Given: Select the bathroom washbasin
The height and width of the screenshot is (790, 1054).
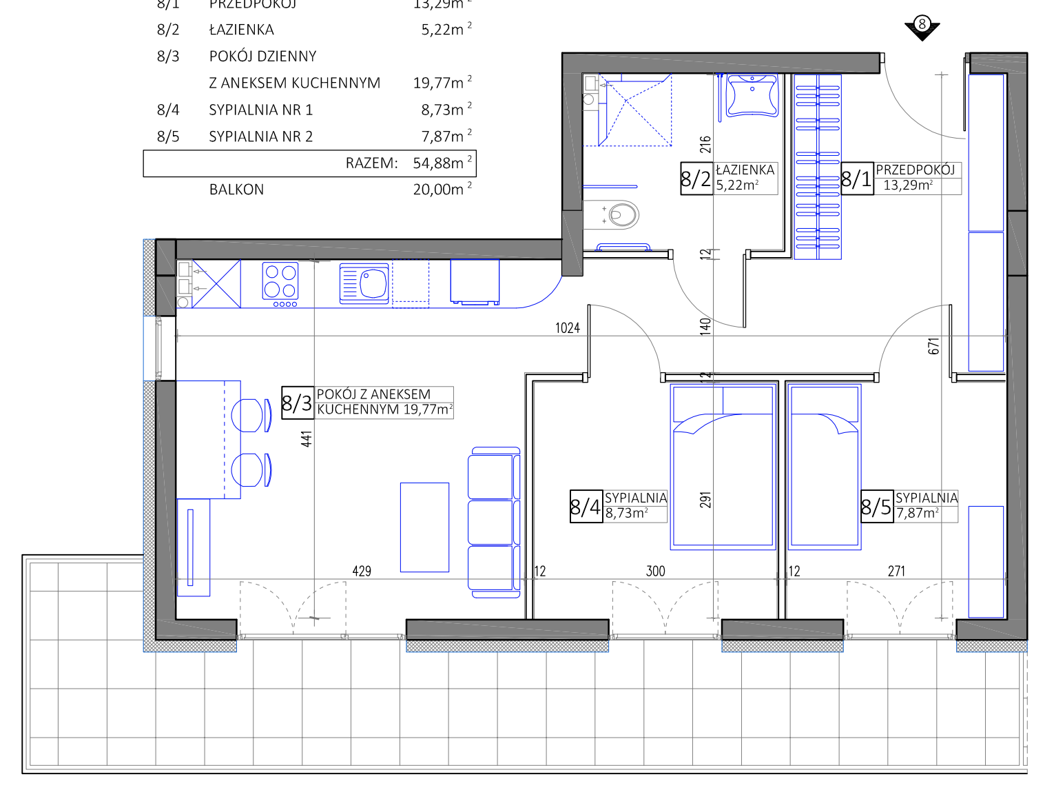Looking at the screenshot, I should [752, 95].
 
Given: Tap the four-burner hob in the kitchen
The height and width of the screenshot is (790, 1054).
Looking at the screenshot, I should [280, 283].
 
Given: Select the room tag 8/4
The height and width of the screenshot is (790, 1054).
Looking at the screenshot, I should [586, 507].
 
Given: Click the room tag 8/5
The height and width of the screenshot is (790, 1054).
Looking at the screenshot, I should [876, 507].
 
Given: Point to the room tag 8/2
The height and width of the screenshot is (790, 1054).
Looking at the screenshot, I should [696, 179].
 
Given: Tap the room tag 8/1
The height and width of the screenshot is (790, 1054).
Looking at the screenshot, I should [857, 179].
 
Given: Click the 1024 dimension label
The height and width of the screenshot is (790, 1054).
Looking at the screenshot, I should [568, 328].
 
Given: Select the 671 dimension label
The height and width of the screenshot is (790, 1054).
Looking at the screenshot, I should [933, 346].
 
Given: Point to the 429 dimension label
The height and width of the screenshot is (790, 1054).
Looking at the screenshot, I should [362, 571].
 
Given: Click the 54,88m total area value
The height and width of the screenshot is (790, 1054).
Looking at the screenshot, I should [438, 163].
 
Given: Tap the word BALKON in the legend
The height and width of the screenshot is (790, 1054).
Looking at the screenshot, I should [236, 190].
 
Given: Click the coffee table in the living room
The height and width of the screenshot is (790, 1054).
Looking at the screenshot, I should [424, 527].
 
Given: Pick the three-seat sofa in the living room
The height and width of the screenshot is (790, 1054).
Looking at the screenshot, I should [494, 522].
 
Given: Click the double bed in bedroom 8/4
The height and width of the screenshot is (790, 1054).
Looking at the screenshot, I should [723, 467].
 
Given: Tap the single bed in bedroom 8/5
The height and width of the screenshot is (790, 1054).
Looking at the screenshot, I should [824, 467].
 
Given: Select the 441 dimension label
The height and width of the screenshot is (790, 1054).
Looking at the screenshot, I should [307, 438].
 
